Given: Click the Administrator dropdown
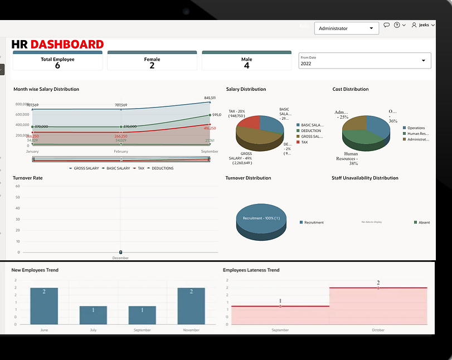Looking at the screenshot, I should click(x=346, y=28).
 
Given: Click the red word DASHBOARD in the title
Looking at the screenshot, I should click(x=67, y=45).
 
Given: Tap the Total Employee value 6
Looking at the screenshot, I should click(x=57, y=65).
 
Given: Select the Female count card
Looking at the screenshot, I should click(x=152, y=62).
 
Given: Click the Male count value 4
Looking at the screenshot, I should click(x=246, y=65).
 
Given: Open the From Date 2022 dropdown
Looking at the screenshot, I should click(x=364, y=61).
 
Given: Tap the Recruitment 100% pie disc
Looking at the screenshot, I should click(x=261, y=218).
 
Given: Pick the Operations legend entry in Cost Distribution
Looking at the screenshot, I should click(x=416, y=128).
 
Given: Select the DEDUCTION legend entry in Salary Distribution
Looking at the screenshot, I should click(x=312, y=130).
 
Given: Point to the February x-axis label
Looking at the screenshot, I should click(x=121, y=152).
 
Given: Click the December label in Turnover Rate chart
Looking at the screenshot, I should click(x=120, y=258).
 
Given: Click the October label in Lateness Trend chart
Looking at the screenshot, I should click(x=378, y=330).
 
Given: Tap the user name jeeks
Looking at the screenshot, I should click(x=424, y=25).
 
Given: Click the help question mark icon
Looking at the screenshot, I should click(x=397, y=25).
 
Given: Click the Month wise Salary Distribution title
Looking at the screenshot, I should click(x=46, y=89).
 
